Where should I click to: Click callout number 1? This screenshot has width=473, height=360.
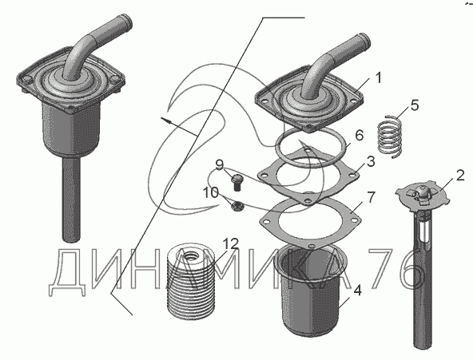378,77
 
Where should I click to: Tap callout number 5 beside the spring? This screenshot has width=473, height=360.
415,105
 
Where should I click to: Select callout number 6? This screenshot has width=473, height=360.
360,136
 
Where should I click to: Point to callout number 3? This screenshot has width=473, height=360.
371,161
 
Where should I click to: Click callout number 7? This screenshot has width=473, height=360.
371,197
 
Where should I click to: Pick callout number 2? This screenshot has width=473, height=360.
460,176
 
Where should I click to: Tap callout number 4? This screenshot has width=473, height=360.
357,291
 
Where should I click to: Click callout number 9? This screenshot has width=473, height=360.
220,165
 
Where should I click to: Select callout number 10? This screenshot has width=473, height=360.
211,192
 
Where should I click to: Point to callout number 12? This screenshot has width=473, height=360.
231,243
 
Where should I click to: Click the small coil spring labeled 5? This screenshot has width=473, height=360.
391,136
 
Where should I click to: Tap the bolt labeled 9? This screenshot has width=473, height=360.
238,183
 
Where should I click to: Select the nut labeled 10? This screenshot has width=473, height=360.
236,207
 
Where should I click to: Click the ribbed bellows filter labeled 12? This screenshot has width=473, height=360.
191,282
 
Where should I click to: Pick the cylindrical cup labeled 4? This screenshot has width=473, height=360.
311,291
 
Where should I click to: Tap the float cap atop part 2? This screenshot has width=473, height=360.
423,194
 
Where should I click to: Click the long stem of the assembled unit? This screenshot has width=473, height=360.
71,199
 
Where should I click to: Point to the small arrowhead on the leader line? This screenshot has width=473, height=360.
166,121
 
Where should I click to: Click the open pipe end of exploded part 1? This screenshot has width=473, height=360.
365,39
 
